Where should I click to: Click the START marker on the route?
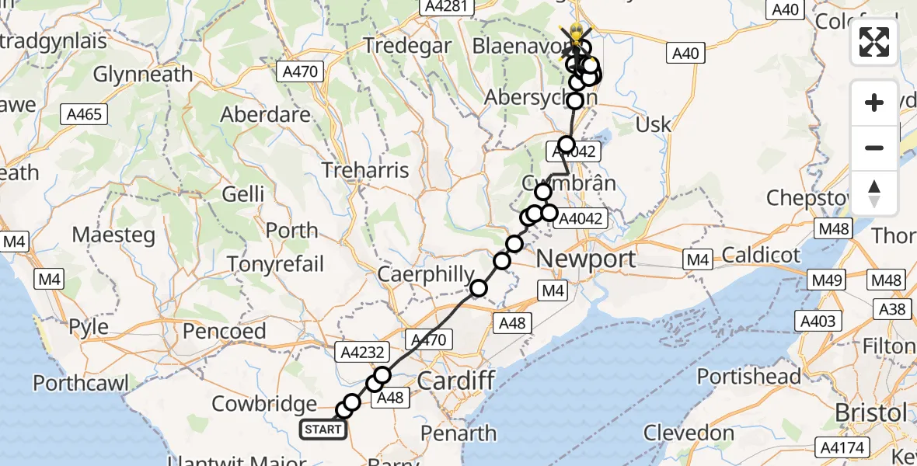(x=323, y=429)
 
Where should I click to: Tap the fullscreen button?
(x=874, y=42)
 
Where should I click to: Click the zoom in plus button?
(x=874, y=103)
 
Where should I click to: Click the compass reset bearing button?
(x=874, y=192)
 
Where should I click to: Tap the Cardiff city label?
(x=456, y=381)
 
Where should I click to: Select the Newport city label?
(x=586, y=259)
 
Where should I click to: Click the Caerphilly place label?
(x=425, y=274)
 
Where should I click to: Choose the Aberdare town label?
(x=266, y=114)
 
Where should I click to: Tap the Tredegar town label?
(x=408, y=46)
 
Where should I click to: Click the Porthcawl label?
(x=81, y=382)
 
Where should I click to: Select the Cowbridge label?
(x=264, y=404)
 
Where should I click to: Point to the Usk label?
(x=653, y=124)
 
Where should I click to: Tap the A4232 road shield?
(x=361, y=352)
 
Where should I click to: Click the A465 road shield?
(x=85, y=114)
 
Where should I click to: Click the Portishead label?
(x=748, y=377)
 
